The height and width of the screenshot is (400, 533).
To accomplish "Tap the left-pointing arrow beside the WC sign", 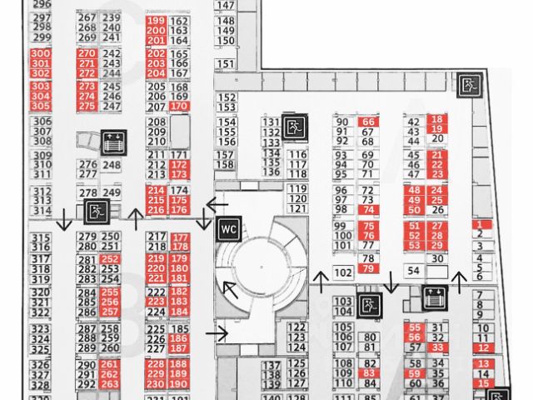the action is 218,204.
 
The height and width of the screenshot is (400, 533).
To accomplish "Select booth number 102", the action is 341,272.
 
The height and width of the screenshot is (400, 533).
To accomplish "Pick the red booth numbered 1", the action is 481,225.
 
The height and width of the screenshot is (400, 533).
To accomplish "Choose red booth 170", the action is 179,107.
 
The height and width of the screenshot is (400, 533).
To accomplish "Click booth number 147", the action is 226,5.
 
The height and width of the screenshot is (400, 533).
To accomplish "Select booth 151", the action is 226,63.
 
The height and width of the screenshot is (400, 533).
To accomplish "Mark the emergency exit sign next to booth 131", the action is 292,127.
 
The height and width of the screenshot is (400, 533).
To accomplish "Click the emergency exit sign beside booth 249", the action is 97,211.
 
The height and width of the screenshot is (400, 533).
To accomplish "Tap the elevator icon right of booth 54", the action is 434,296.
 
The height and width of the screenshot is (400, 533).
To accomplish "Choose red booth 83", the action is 369,373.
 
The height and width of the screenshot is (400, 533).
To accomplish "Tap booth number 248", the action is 111,165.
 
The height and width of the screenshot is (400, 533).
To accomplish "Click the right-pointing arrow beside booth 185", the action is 218,334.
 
